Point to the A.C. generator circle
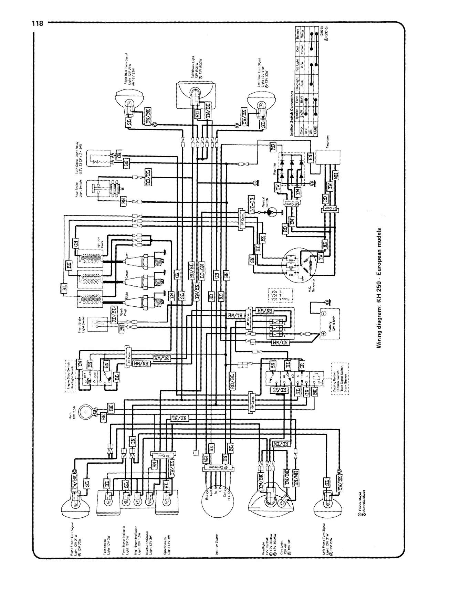coord(298,265)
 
